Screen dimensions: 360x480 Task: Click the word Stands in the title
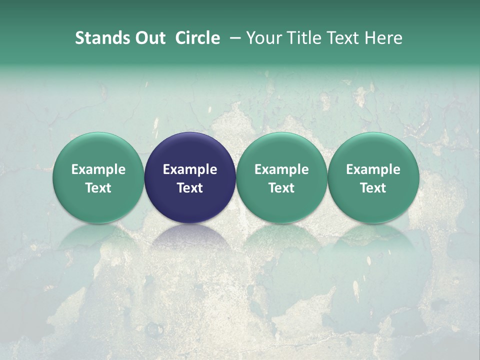tap(102, 38)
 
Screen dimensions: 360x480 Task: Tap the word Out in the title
tap(149, 38)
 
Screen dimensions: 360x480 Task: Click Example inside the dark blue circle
tap(190, 169)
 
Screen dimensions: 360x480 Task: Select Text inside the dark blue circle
tap(190, 188)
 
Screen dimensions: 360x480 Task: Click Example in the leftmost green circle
tap(98, 169)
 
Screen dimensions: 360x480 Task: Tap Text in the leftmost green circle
tap(98, 188)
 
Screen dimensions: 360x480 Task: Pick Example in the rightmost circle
tap(373, 169)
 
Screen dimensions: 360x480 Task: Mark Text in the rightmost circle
tap(373, 188)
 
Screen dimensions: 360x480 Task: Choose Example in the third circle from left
tap(281, 169)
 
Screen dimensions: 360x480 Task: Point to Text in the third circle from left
tap(281, 188)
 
